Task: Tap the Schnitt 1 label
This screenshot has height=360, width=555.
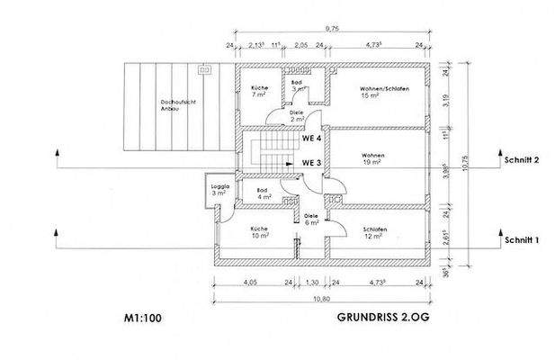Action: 522,240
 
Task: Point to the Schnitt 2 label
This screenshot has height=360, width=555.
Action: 522,160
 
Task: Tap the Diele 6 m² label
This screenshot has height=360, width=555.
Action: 311,220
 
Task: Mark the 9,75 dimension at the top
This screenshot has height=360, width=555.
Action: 333,29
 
